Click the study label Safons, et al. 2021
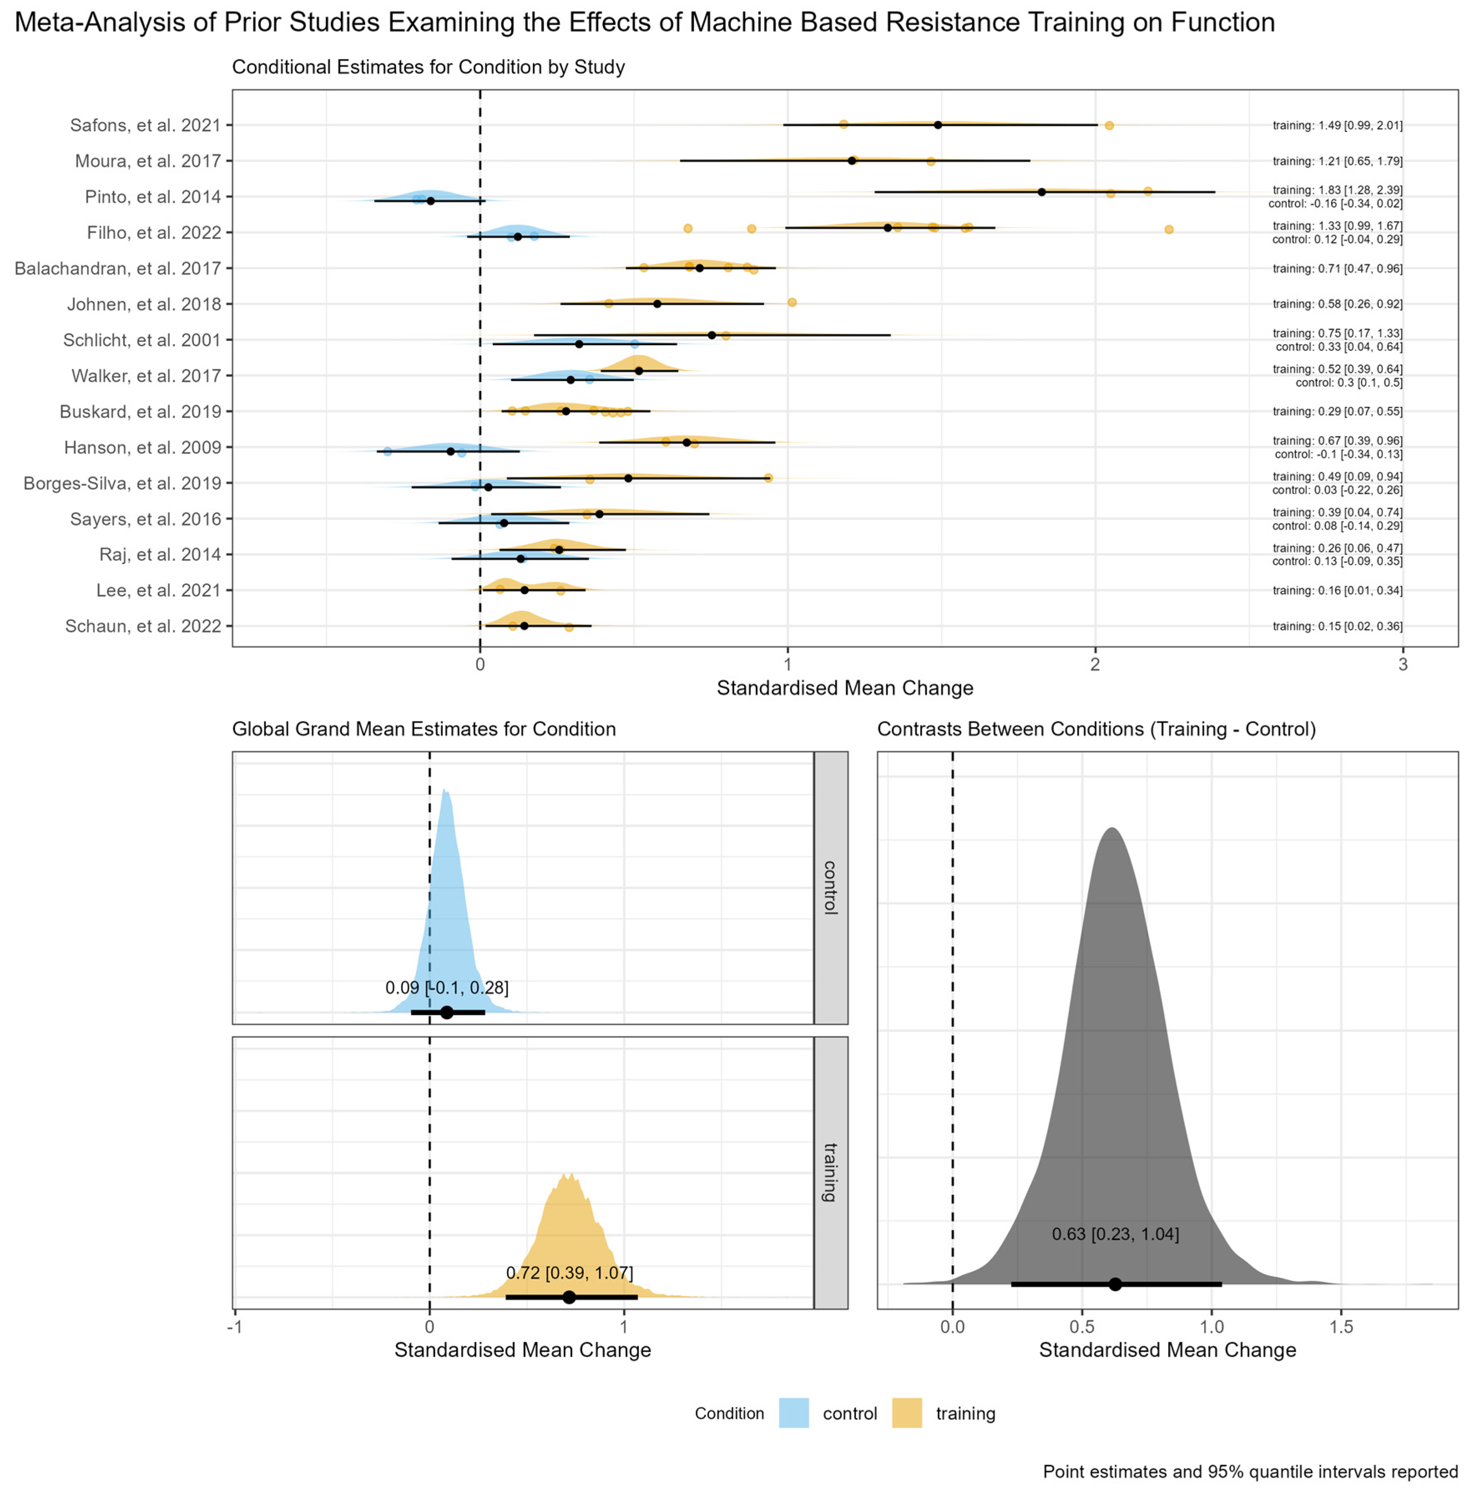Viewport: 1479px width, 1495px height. (145, 125)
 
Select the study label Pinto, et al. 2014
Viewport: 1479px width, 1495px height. (152, 197)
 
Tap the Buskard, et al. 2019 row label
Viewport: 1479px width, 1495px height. (140, 412)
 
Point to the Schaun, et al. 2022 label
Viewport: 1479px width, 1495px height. (143, 626)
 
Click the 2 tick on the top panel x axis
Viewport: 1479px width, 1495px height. (1094, 664)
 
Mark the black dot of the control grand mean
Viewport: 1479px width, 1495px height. (447, 1012)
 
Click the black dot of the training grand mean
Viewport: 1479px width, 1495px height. (569, 1297)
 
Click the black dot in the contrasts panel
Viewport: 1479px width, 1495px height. (1115, 1284)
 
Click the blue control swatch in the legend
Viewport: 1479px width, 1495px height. (793, 1413)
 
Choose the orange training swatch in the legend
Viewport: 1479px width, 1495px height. (907, 1413)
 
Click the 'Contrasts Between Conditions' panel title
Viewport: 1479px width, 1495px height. (1096, 729)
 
